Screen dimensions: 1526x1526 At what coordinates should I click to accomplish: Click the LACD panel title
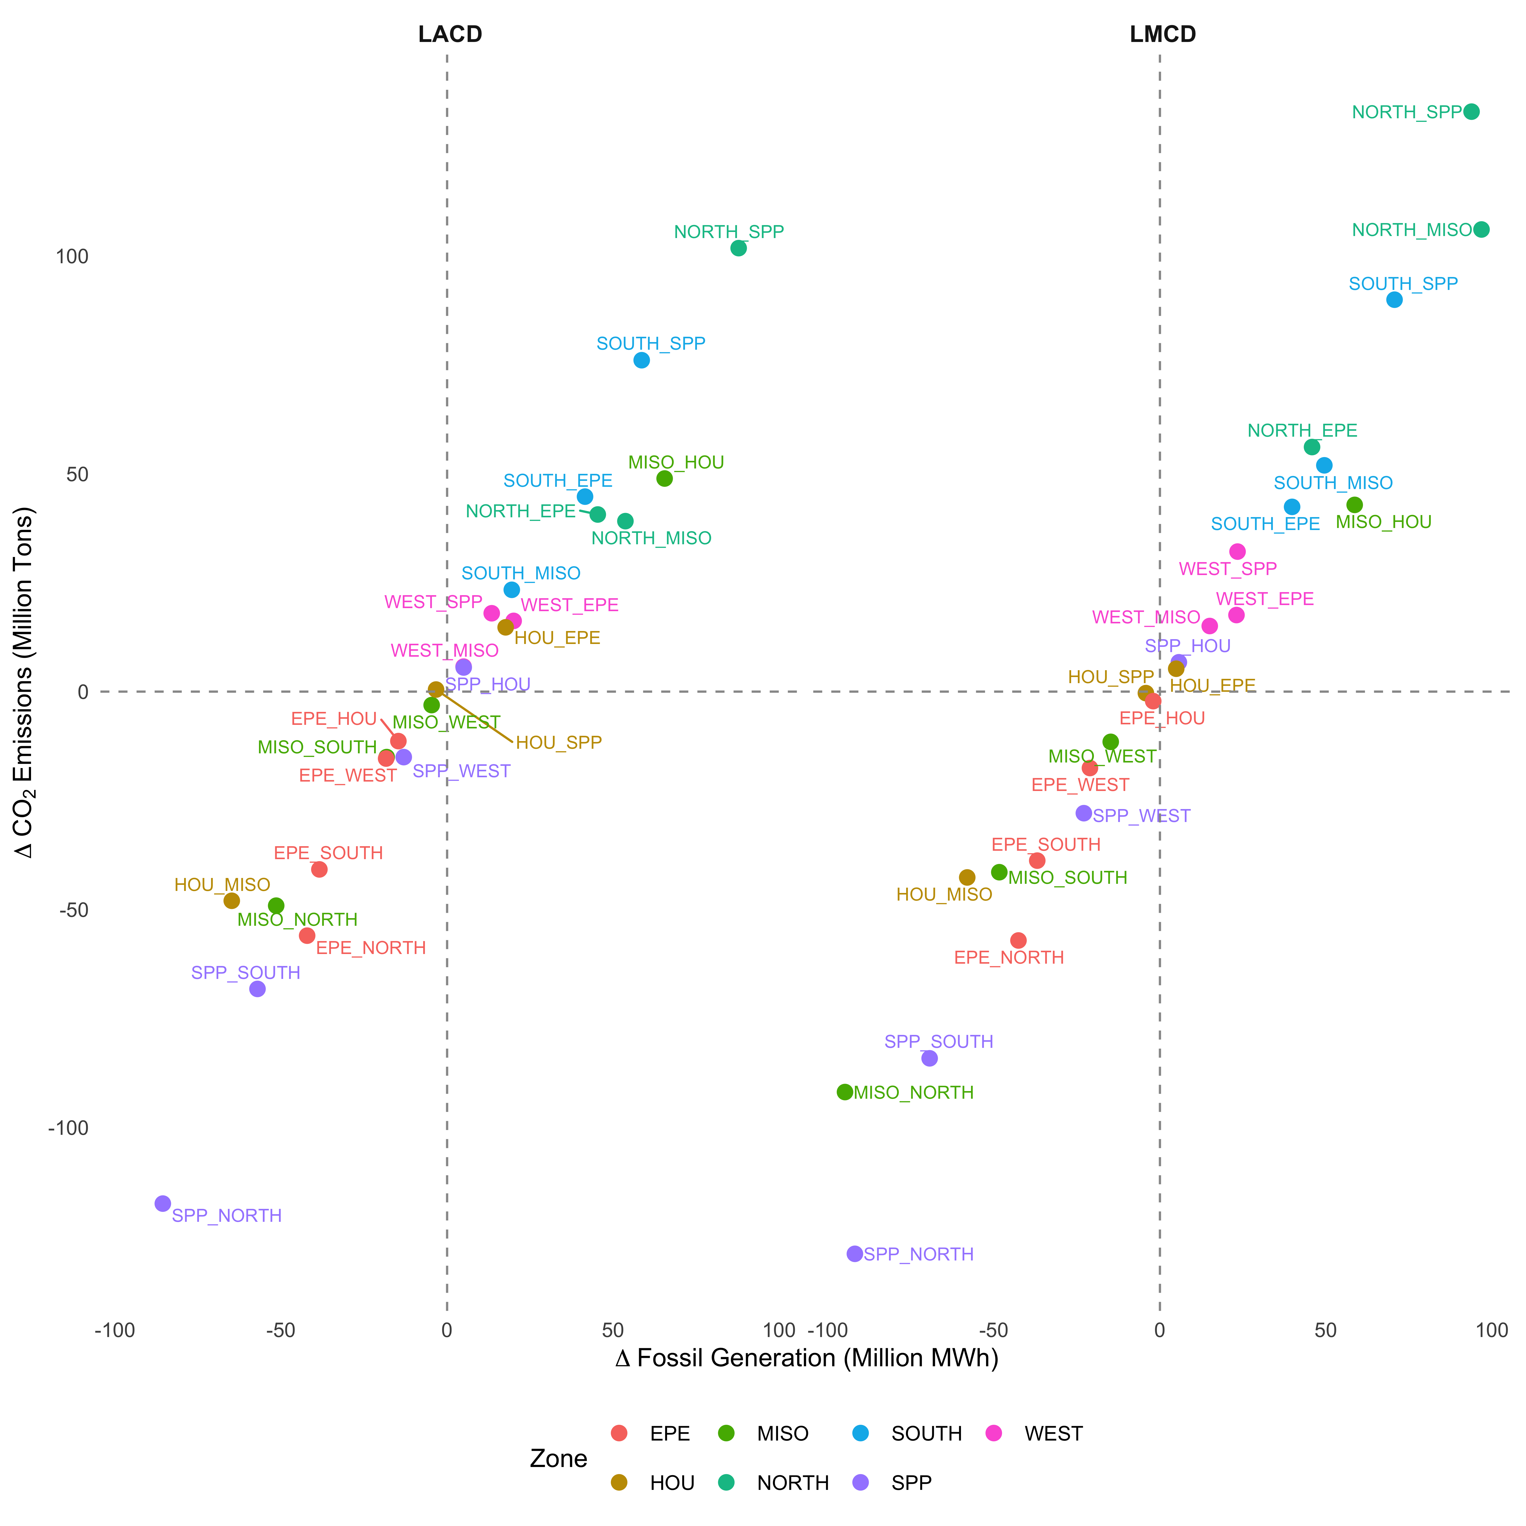449,35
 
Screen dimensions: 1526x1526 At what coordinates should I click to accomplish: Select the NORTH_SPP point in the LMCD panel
1471,112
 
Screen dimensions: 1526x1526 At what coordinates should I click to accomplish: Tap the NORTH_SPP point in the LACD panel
739,248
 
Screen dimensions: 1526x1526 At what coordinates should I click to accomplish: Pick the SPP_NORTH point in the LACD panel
163,1204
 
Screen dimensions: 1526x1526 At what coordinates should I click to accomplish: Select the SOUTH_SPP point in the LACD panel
641,360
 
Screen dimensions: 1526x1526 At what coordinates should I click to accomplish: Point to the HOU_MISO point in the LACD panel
231,900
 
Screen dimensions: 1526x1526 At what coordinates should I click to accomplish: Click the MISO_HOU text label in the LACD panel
676,463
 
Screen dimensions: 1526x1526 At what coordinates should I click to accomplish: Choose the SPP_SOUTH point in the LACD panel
257,989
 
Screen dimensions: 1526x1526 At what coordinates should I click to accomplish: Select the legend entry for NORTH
792,1483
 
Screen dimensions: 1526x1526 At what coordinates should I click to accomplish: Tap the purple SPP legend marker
861,1483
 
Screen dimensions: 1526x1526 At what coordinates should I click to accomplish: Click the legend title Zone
559,1459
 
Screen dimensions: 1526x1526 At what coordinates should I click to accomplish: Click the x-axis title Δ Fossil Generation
806,1358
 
